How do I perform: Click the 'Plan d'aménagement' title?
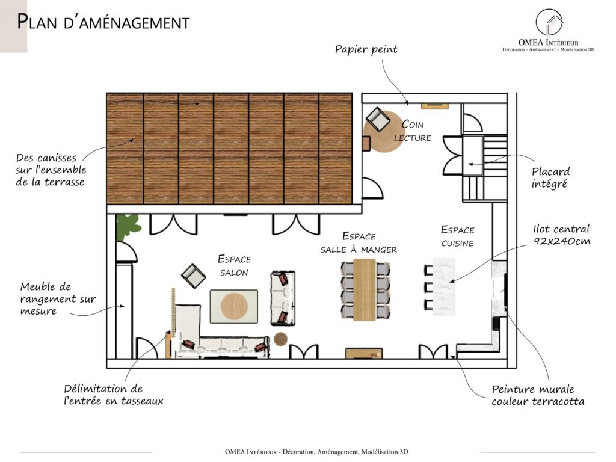pos(103,22)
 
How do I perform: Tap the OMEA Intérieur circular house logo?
pos(549,23)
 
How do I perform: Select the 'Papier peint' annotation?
pos(366,49)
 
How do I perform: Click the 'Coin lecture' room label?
pos(413,131)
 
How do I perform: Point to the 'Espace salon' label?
pos(234,265)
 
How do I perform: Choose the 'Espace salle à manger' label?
pos(359,242)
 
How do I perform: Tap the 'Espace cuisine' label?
pos(458,236)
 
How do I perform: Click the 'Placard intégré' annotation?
pos(550,177)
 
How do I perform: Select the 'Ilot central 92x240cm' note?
pos(562,235)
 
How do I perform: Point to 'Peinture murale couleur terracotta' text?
pos(538,395)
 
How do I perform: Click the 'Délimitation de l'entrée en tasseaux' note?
pos(114,395)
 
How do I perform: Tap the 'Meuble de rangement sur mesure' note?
pos(58,298)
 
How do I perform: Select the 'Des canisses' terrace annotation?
pos(51,170)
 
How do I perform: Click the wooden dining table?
pos(365,289)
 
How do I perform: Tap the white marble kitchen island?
pos(444,287)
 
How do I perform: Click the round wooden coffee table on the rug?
pos(235,306)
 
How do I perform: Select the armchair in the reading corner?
pos(378,119)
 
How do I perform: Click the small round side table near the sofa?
pos(281,339)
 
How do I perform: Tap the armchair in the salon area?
pos(193,276)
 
